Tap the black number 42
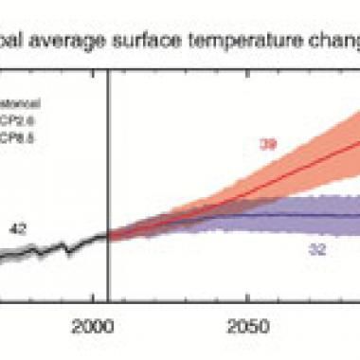coord(44,227)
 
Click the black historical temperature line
coord(57,247)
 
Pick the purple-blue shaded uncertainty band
coord(284,232)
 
